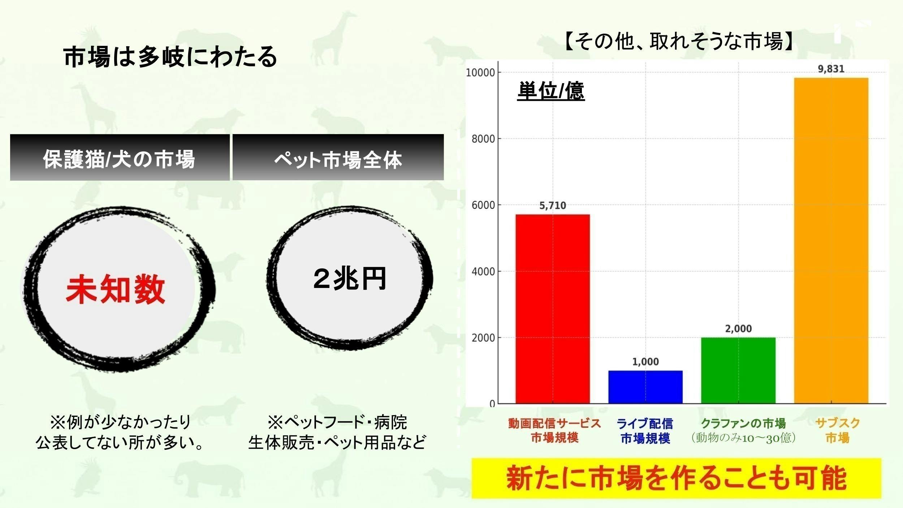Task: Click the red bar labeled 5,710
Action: pyautogui.click(x=552, y=309)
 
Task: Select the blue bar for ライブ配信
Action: pyautogui.click(x=645, y=387)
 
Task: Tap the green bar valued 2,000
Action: pyautogui.click(x=738, y=370)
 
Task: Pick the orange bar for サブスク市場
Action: pyautogui.click(x=831, y=240)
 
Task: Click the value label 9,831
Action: pyautogui.click(x=831, y=69)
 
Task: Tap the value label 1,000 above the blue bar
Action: pyautogui.click(x=645, y=362)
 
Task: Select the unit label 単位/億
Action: pyautogui.click(x=551, y=91)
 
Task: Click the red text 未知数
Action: pyautogui.click(x=116, y=289)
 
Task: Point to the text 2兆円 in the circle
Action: pyautogui.click(x=350, y=279)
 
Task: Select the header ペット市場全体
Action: pyautogui.click(x=338, y=159)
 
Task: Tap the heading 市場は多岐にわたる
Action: pyautogui.click(x=170, y=57)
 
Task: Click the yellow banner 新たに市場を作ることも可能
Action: pyautogui.click(x=676, y=478)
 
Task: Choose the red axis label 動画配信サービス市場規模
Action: pyautogui.click(x=554, y=430)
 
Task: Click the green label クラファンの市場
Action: pyautogui.click(x=743, y=423)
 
